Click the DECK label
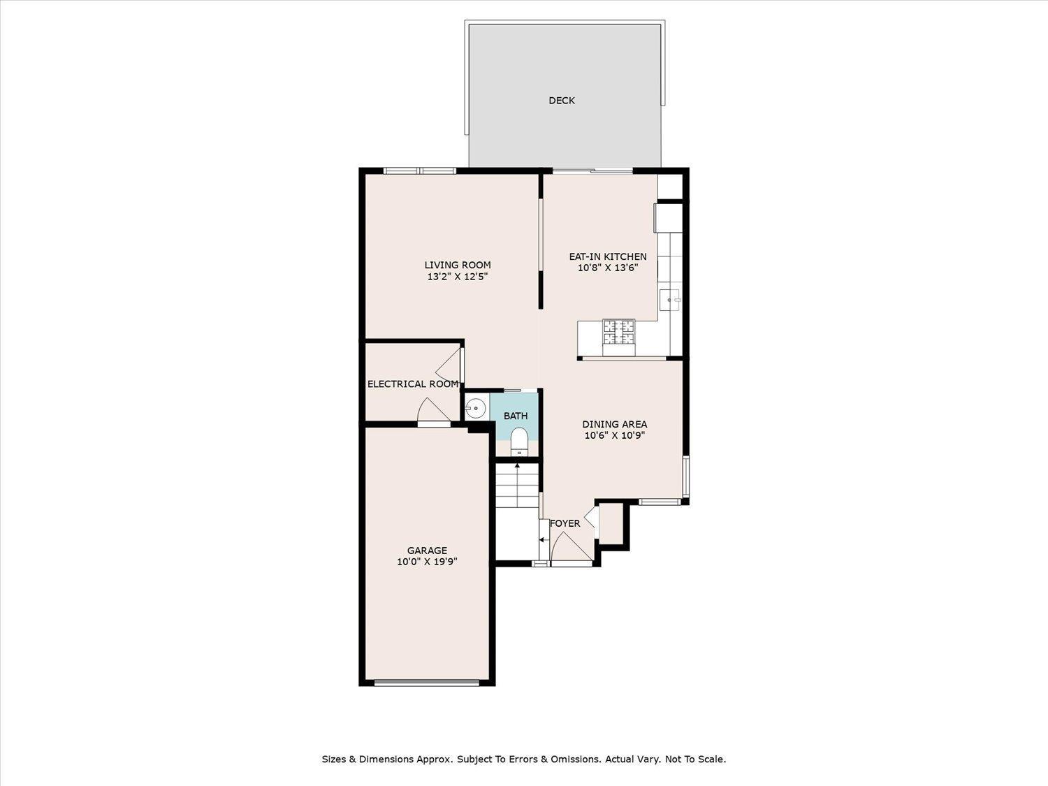click(x=562, y=100)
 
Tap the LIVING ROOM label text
click(x=458, y=265)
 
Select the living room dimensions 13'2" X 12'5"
click(x=458, y=276)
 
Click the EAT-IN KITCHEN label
click(x=608, y=256)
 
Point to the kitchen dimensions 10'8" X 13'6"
click(x=608, y=268)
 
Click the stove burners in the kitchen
click(x=619, y=332)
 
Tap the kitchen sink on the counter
click(x=670, y=300)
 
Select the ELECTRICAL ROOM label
click(x=413, y=384)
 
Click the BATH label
click(x=516, y=416)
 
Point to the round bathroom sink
click(x=476, y=409)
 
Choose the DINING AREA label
click(x=614, y=424)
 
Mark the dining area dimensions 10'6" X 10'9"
click(x=614, y=435)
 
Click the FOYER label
click(x=565, y=523)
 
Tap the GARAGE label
click(x=427, y=551)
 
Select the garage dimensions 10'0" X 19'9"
click(x=427, y=562)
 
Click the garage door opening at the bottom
click(x=426, y=683)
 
